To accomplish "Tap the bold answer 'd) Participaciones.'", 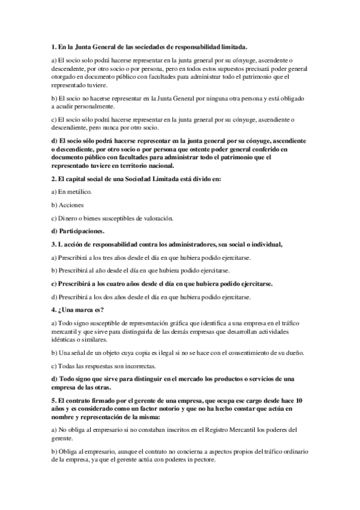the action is pyautogui.click(x=78, y=231).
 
